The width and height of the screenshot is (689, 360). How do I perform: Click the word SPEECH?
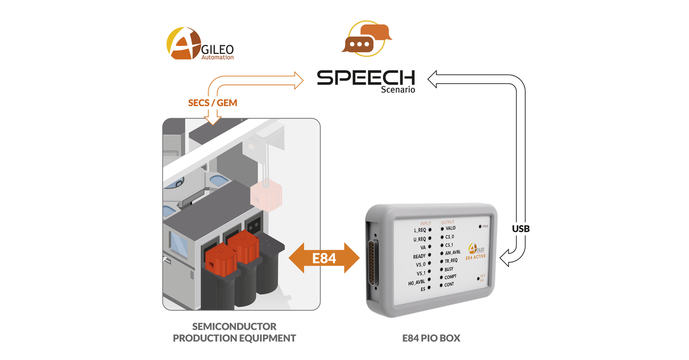click(x=366, y=78)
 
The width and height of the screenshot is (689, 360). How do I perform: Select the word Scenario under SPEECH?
click(x=398, y=90)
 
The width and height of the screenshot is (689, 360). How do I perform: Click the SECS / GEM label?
click(x=212, y=102)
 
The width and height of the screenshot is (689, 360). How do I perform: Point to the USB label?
click(x=521, y=229)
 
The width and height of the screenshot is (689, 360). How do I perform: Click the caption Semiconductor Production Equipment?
click(x=234, y=332)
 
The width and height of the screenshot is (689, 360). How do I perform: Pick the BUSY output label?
click(x=449, y=269)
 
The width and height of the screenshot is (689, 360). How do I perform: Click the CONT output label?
click(x=449, y=285)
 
